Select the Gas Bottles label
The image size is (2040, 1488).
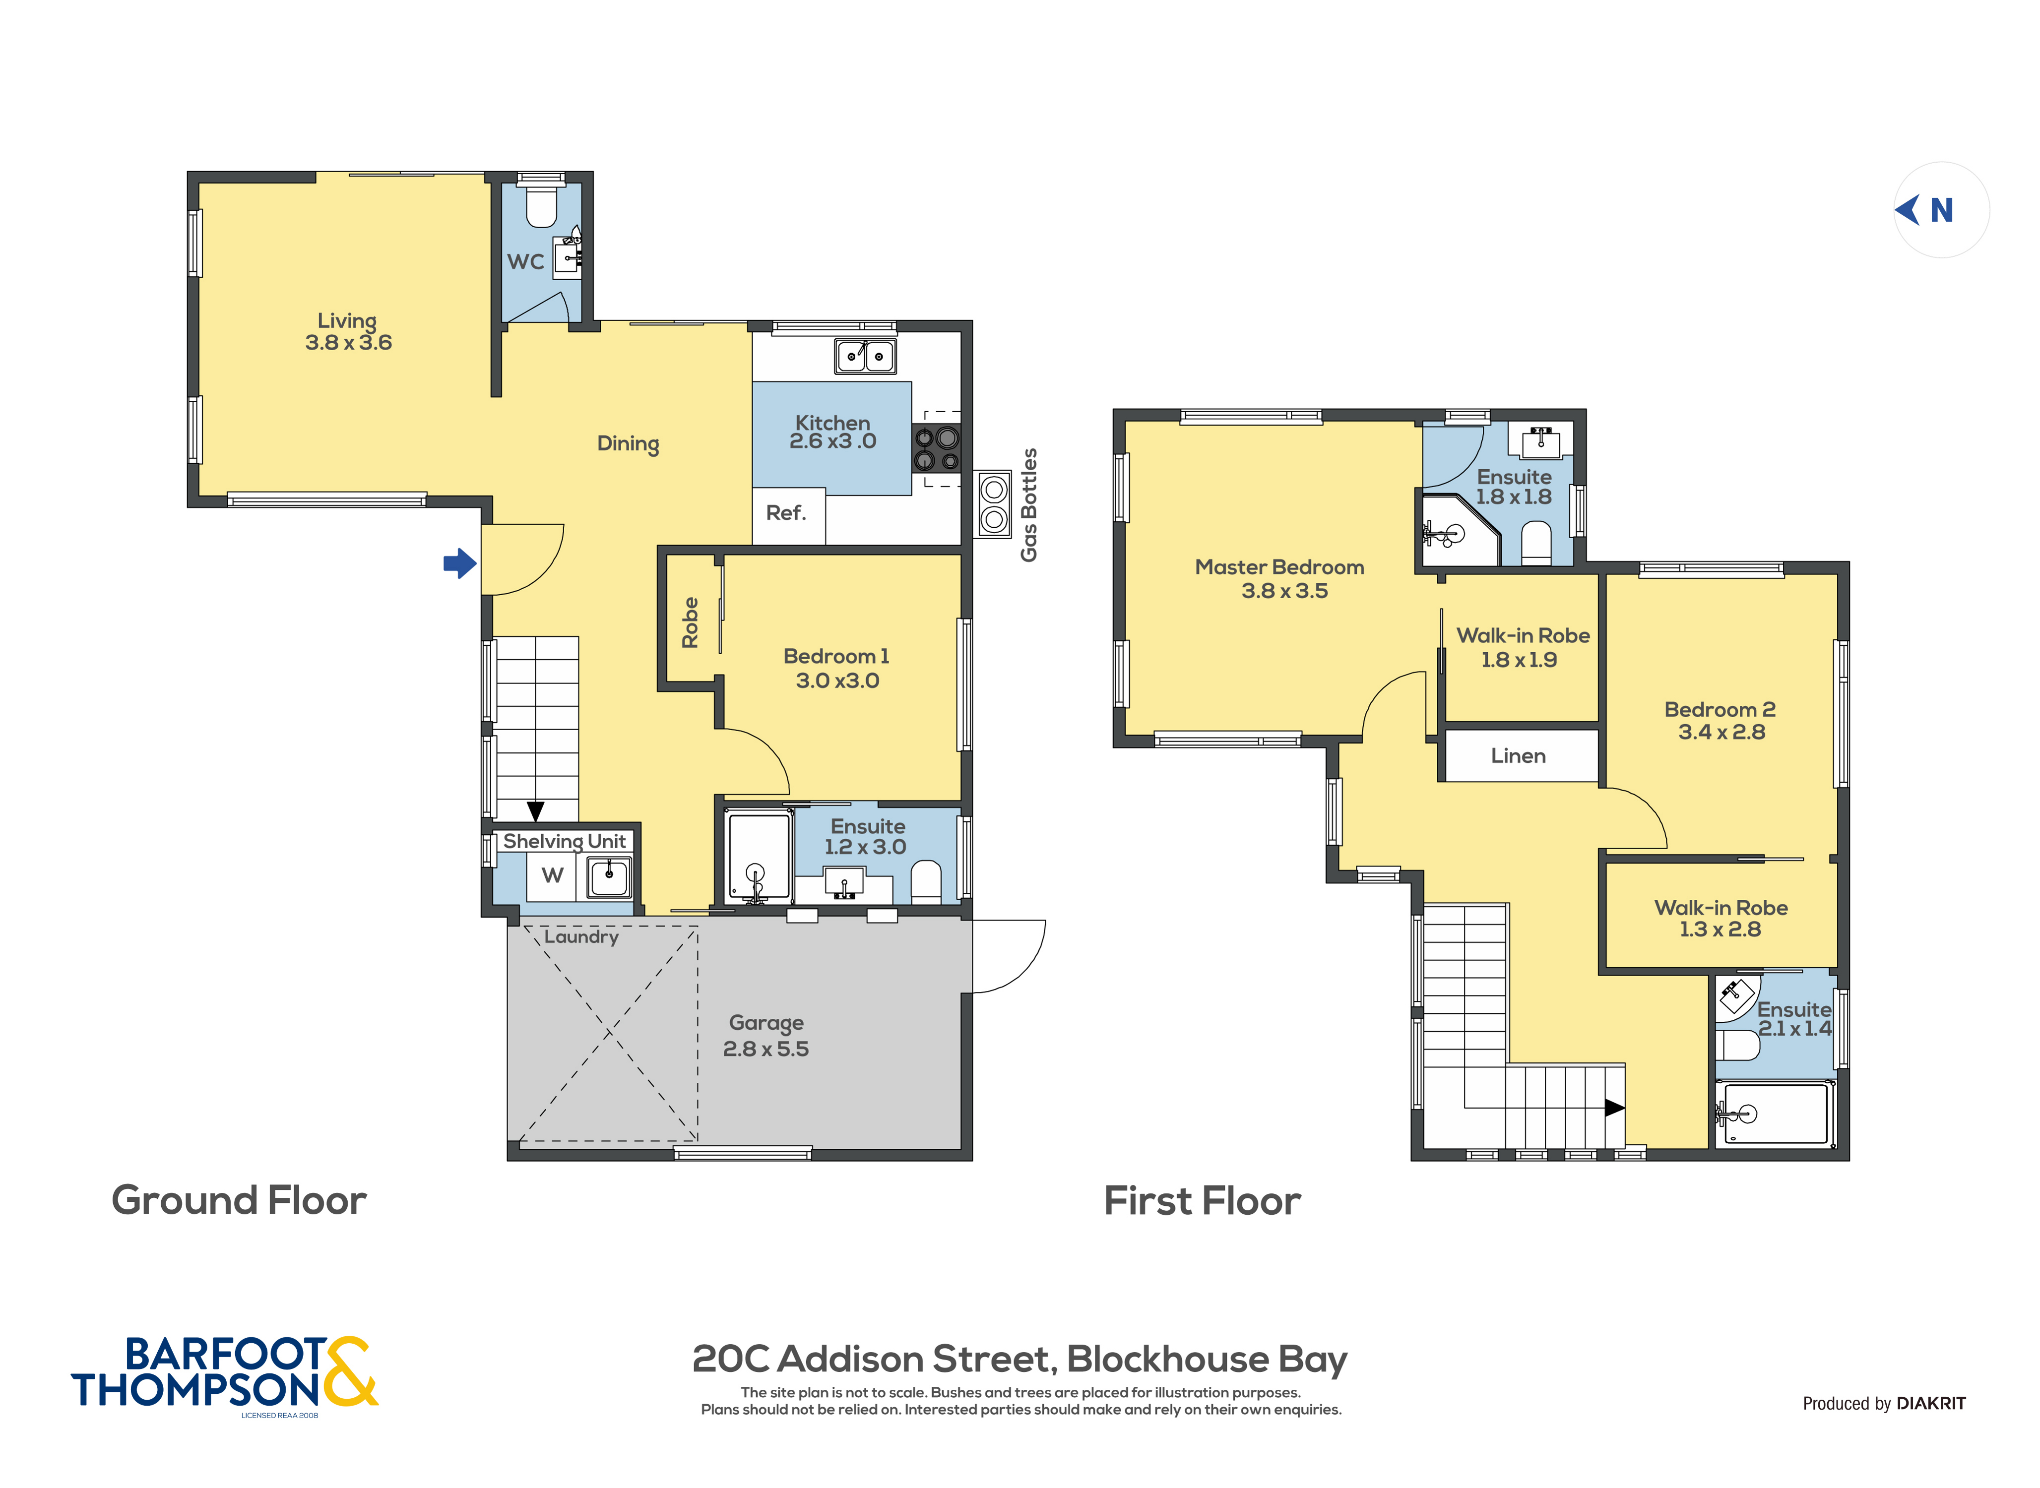tap(1028, 504)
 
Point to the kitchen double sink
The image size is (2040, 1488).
tap(865, 356)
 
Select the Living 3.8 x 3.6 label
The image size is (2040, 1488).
tap(348, 331)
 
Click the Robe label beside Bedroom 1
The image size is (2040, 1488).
tap(690, 622)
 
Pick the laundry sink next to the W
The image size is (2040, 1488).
tap(609, 876)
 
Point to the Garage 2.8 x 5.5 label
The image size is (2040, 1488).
tap(765, 1036)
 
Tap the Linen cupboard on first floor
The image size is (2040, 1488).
tap(1519, 756)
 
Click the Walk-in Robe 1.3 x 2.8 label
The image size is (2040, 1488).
tap(1721, 918)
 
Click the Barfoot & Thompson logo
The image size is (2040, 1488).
tap(225, 1373)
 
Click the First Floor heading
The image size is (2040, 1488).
tap(1203, 1202)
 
